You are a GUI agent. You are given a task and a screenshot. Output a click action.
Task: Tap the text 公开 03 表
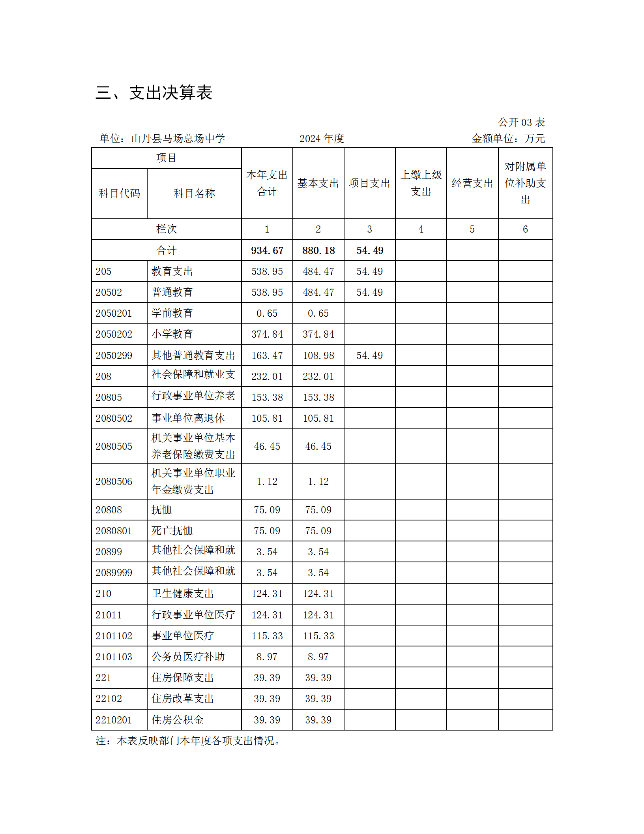click(521, 122)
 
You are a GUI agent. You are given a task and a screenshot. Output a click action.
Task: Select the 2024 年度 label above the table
click(322, 139)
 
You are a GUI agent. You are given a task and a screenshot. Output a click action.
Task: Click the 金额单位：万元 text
click(508, 139)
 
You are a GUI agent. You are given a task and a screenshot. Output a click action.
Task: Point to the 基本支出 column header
click(318, 183)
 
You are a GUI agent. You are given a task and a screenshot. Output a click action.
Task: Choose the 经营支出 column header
click(472, 183)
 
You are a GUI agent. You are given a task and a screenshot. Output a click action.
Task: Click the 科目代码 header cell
click(119, 193)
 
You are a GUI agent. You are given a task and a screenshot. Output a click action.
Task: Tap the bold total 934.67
click(267, 250)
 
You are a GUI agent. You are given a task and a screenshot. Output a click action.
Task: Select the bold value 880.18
click(318, 250)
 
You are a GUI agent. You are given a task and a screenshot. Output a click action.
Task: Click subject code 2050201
click(114, 313)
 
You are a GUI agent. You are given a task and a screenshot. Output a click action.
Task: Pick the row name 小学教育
click(172, 334)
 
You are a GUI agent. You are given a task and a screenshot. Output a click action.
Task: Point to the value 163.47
click(267, 355)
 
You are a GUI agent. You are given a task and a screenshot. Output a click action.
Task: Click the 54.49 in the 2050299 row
click(369, 355)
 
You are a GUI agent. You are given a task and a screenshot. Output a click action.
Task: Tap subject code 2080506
click(114, 481)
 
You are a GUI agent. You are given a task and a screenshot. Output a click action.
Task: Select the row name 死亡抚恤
click(172, 531)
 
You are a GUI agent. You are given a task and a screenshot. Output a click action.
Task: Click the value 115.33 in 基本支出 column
click(318, 636)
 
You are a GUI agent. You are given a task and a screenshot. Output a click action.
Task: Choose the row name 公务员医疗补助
click(188, 657)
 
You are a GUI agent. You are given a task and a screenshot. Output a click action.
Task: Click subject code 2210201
click(114, 720)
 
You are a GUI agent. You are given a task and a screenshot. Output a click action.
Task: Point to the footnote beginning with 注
click(188, 741)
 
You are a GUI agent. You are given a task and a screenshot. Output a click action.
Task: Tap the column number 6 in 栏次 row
click(525, 229)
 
